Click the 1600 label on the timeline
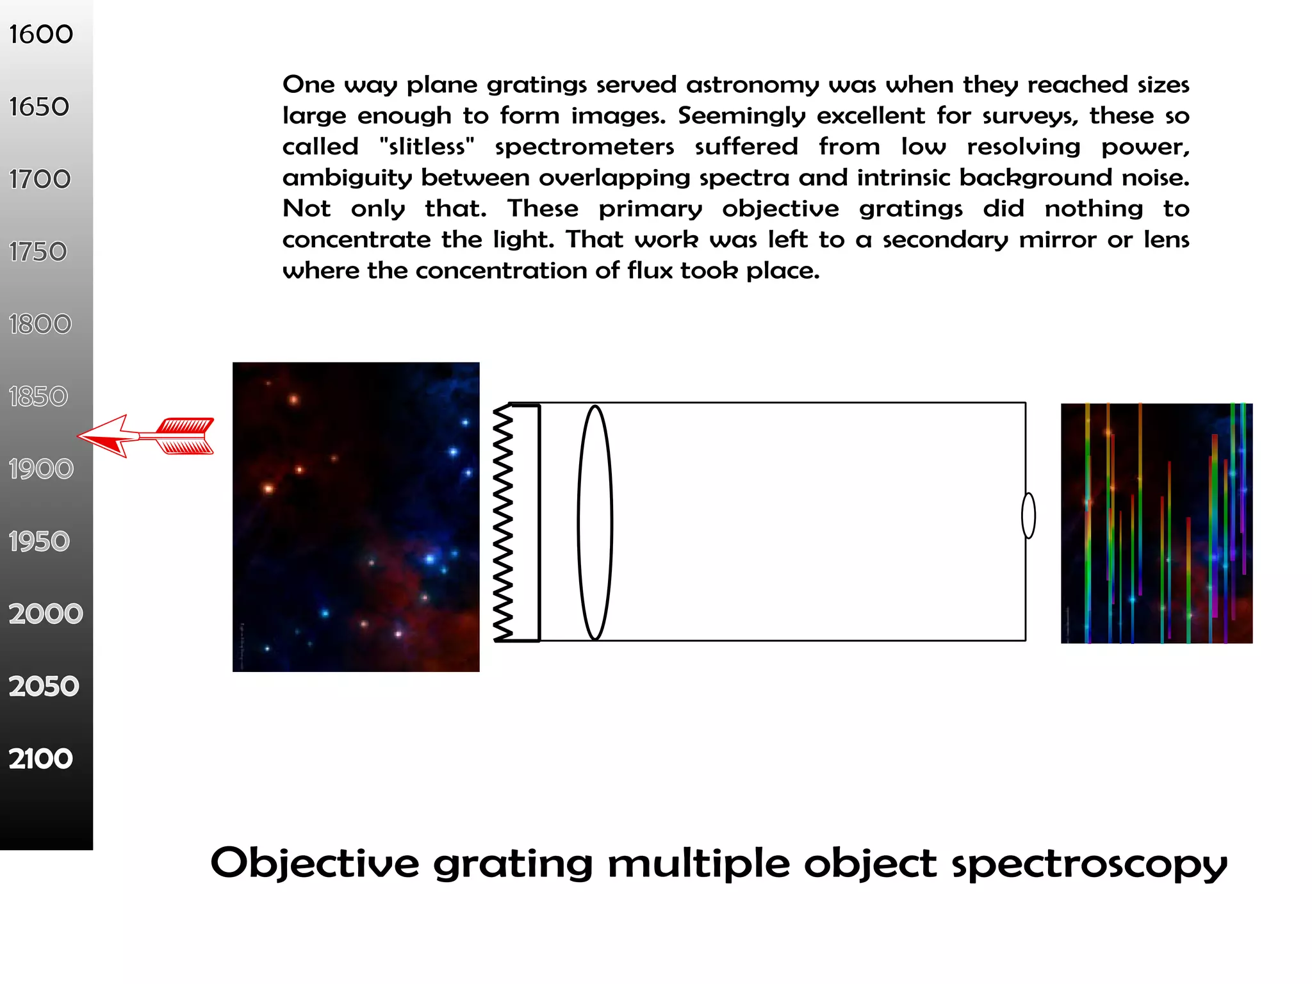(x=41, y=35)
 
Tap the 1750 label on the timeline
(x=38, y=252)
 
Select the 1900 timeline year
(x=41, y=469)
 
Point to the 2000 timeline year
(x=45, y=614)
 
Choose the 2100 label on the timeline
(x=41, y=758)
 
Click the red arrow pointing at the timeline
(x=146, y=436)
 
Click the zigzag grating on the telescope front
(x=503, y=523)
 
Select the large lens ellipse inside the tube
(x=595, y=523)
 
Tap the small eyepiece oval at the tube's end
(x=1028, y=516)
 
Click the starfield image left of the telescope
(x=356, y=517)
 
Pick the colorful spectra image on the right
(x=1156, y=523)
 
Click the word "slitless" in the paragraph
(x=427, y=147)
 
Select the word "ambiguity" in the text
(x=347, y=177)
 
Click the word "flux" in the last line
(x=650, y=270)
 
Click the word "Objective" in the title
(x=315, y=864)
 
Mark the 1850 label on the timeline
(x=38, y=397)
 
